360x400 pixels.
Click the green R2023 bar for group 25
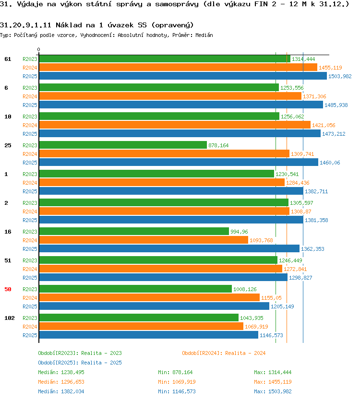pyautogui.click(x=123, y=145)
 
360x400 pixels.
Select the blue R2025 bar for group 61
pyautogui.click(x=183, y=76)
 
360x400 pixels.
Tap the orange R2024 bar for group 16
pyautogui.click(x=144, y=240)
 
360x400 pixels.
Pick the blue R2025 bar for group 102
pyautogui.click(x=149, y=335)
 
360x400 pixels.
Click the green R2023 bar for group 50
pyautogui.click(x=135, y=289)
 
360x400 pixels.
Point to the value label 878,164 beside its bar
pyautogui.click(x=218, y=145)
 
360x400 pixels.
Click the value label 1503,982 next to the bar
pyautogui.click(x=340, y=76)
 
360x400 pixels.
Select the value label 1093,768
pyautogui.click(x=261, y=240)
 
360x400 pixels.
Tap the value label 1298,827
pyautogui.click(x=300, y=278)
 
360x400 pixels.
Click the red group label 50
pyautogui.click(x=8, y=289)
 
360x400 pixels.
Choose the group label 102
pyautogui.click(x=10, y=318)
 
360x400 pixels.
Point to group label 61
pyautogui.click(x=8, y=59)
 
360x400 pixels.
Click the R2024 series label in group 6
pyautogui.click(x=30, y=96)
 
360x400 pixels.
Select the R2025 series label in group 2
pyautogui.click(x=30, y=220)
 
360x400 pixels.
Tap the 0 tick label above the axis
pyautogui.click(x=38, y=49)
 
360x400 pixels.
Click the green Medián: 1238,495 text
pyautogui.click(x=61, y=372)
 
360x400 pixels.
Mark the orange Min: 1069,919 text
pyautogui.click(x=177, y=382)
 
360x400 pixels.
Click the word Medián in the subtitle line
pyautogui.click(x=204, y=35)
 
